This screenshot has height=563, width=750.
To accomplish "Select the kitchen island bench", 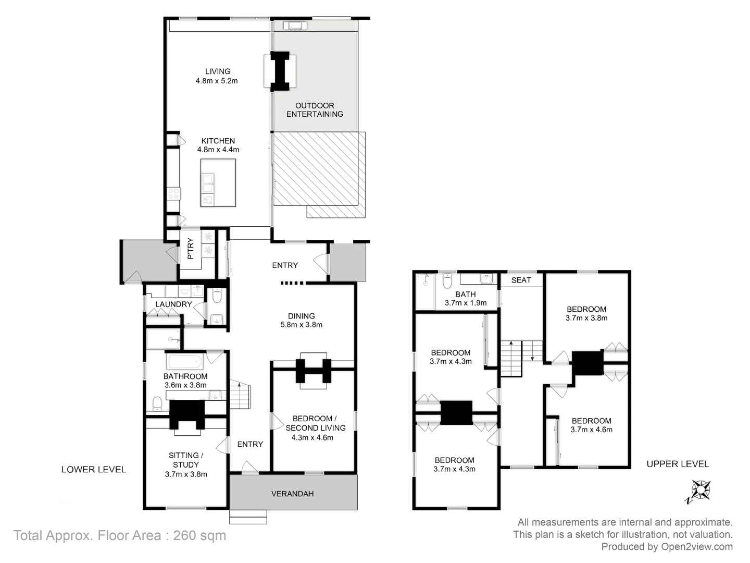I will coord(218,182).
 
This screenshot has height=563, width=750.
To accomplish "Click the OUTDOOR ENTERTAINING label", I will coord(315,109).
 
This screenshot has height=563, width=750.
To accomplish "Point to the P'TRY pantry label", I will coord(190,249).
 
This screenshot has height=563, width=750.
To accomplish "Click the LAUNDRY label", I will coord(173,304).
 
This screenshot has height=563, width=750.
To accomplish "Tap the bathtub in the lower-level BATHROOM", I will coord(185,361).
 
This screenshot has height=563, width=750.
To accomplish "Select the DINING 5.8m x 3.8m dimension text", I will coord(301,324).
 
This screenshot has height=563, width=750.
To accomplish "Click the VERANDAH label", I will coord(292,493).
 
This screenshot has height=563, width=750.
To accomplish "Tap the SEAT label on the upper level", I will coord(521,280).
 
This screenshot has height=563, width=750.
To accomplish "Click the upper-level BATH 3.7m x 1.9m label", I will coord(465,298).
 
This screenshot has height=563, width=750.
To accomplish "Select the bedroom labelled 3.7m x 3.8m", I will coord(586,313).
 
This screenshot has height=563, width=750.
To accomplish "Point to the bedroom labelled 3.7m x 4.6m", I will coord(591,425).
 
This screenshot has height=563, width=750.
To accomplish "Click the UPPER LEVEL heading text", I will coord(677,464).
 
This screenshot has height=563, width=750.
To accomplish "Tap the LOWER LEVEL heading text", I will coord(94,469).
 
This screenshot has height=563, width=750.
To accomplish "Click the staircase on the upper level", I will coord(521,358).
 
